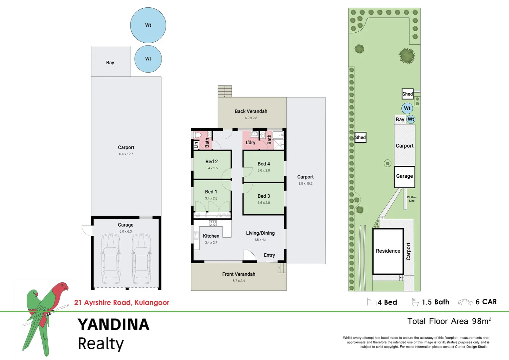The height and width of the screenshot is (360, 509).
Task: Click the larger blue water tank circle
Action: coord(148,25)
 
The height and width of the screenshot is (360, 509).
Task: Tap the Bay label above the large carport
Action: coord(110,63)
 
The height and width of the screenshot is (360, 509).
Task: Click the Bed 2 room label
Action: coord(212,161)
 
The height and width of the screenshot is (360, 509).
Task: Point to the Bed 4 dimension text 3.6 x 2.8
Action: coord(263,170)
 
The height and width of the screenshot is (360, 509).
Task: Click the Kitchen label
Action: coord(211,236)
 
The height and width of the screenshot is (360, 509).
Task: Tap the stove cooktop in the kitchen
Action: coord(213,223)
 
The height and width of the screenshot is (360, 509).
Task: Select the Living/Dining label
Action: coord(260,233)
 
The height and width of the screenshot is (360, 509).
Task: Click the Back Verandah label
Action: coord(251,111)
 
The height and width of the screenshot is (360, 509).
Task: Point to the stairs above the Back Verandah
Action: coord(225,91)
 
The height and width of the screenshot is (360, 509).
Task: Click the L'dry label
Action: coord(251,142)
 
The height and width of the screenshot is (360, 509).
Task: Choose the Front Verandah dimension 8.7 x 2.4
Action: coord(239,281)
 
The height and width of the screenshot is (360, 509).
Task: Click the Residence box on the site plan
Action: coord(388,251)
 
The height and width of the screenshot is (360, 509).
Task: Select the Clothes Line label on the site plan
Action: coord(412,199)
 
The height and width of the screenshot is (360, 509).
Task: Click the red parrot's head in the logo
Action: coord(62,287)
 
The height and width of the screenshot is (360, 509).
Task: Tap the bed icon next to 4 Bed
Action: coord(371,302)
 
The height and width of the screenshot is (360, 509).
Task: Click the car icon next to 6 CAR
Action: coord(465,302)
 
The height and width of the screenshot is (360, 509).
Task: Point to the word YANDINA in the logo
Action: coord(113,325)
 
